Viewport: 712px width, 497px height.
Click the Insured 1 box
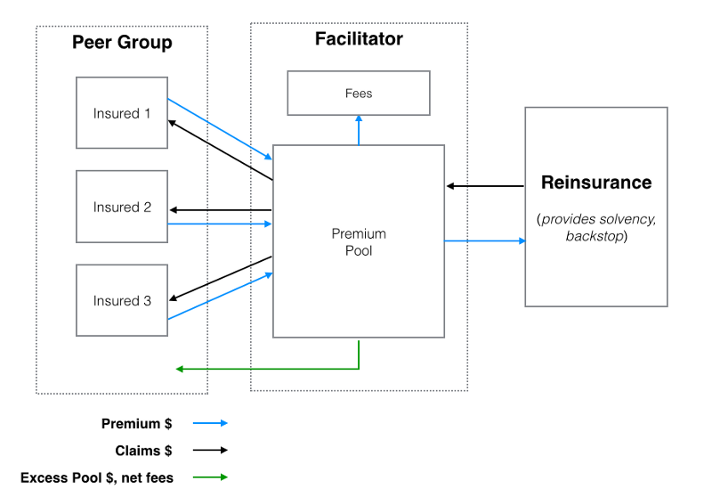point(122,113)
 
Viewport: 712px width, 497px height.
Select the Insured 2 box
point(122,207)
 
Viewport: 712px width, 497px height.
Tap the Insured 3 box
point(122,300)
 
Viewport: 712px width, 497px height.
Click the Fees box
point(359,94)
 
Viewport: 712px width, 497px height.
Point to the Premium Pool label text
point(359,242)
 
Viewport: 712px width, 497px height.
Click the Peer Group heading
point(122,43)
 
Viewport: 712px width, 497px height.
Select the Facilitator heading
point(359,39)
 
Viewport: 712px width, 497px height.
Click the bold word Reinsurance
point(596,183)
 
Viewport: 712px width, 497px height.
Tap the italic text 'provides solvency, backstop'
point(596,227)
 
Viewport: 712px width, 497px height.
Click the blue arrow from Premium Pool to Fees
point(359,129)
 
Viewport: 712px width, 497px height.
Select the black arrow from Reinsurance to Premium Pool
point(485,186)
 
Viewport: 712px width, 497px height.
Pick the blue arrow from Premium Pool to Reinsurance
point(485,240)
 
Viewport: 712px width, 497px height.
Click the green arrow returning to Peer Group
point(267,368)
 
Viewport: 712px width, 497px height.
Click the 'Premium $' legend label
point(137,424)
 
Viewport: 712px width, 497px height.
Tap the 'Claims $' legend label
point(143,451)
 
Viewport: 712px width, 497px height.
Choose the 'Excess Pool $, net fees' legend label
point(97,478)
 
